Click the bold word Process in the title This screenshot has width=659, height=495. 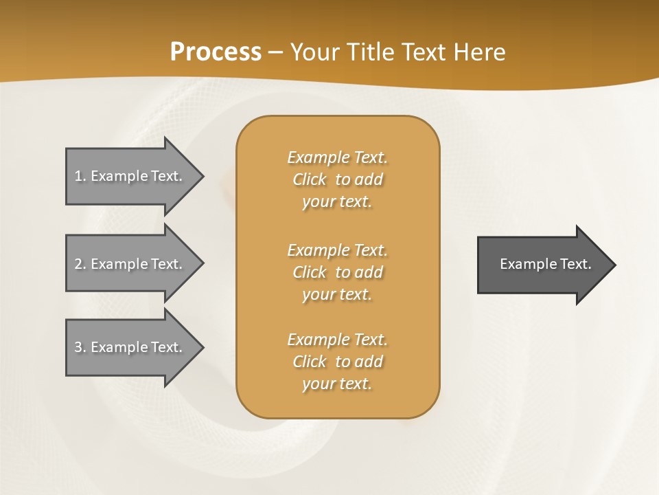tap(216, 52)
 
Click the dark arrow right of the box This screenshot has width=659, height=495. tap(542, 264)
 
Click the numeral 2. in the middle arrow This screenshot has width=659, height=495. tap(80, 264)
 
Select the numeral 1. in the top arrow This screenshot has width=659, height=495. tap(80, 176)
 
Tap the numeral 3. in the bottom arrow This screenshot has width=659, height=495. tap(80, 347)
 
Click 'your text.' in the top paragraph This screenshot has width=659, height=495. tap(337, 202)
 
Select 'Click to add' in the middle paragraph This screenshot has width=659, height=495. tap(337, 272)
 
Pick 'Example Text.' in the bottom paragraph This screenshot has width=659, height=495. tap(337, 340)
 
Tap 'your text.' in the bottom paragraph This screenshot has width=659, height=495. tap(337, 384)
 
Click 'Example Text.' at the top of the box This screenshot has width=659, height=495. tap(337, 157)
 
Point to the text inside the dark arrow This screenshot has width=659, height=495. tap(545, 264)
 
